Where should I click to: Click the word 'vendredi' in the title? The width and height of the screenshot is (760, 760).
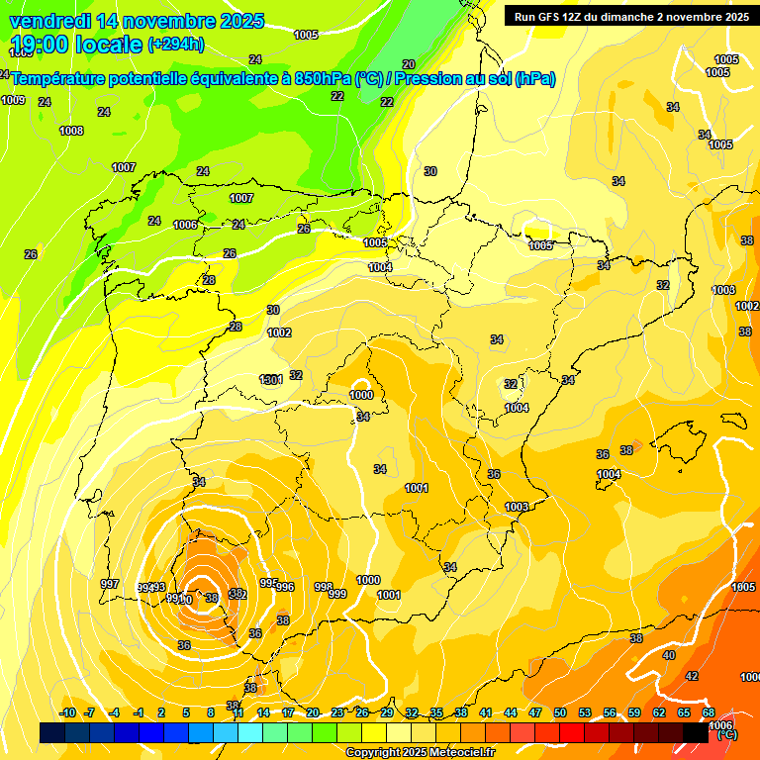[49, 21]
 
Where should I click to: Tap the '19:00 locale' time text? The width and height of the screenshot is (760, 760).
[75, 44]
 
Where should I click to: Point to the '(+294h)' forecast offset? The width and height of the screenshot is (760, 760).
[176, 44]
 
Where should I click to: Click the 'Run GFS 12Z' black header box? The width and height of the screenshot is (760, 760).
[627, 16]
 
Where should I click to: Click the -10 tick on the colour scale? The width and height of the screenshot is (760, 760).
[67, 712]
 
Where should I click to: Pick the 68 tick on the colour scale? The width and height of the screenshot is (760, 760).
[709, 712]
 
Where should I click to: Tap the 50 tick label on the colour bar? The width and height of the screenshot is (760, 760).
[560, 712]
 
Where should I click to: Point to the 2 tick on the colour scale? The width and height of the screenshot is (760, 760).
[162, 712]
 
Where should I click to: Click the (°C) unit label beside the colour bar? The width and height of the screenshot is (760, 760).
[726, 734]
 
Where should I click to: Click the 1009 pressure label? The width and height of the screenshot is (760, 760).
[13, 100]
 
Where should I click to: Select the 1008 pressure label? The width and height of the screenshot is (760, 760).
[71, 131]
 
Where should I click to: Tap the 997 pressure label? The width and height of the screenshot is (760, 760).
[110, 584]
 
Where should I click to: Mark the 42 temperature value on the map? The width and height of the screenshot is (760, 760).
[692, 676]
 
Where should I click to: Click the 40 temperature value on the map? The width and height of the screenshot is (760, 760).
[669, 655]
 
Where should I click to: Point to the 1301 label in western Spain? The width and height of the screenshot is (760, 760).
[271, 380]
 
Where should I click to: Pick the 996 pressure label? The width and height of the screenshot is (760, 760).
[285, 587]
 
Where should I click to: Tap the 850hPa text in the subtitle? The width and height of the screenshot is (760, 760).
[323, 78]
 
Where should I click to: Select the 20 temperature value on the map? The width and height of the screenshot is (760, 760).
[409, 64]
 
